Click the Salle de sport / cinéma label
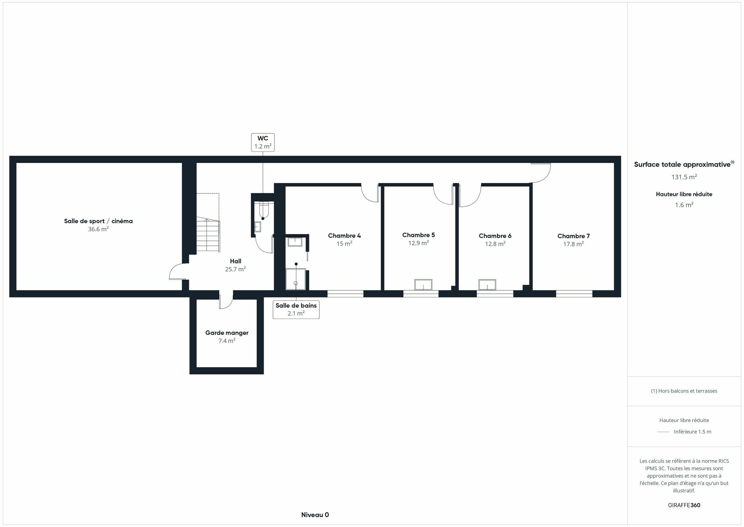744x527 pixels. click(x=98, y=221)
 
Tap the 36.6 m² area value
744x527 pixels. click(x=98, y=229)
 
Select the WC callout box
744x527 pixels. click(x=262, y=142)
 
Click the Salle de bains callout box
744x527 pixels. click(x=296, y=309)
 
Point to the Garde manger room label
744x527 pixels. click(x=227, y=333)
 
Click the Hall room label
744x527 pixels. click(x=235, y=261)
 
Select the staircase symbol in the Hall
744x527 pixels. click(x=208, y=235)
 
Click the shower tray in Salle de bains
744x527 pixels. click(x=295, y=279)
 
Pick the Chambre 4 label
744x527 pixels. click(x=344, y=236)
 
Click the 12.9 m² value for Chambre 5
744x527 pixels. click(x=418, y=243)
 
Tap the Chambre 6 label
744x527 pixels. click(x=495, y=236)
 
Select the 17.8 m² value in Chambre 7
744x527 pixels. click(x=573, y=244)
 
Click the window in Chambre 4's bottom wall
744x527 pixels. click(x=345, y=294)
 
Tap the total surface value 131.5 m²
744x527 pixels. click(x=684, y=177)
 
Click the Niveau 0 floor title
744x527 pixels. click(x=315, y=515)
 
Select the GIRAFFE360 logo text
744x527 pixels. click(x=684, y=505)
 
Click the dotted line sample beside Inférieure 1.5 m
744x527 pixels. click(x=663, y=432)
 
